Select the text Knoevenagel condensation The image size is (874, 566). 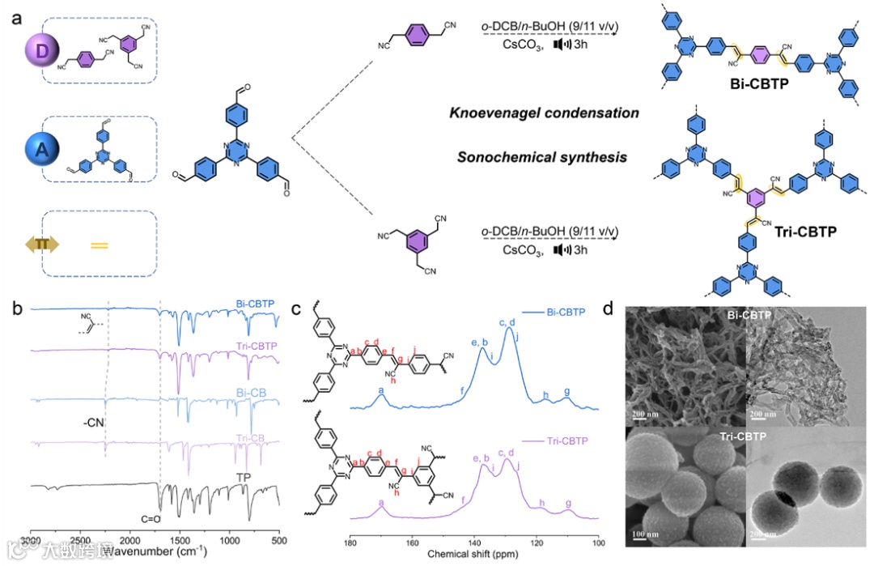[x=545, y=113]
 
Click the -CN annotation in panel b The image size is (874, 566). [x=95, y=423]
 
